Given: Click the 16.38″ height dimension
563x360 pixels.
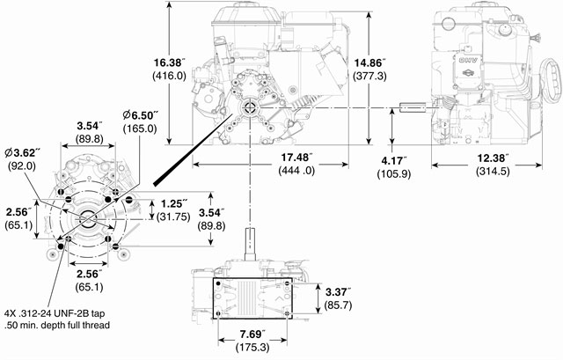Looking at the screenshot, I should point(169,62).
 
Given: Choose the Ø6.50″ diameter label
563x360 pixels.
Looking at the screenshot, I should point(139,114).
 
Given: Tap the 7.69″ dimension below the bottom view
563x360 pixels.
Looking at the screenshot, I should point(253,334).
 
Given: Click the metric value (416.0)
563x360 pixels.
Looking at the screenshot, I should point(169,77).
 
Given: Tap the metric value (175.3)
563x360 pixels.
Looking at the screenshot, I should point(253,349).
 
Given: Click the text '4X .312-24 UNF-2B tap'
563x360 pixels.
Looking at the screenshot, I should point(61,312).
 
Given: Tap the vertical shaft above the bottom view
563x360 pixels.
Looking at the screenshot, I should point(253,243).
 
